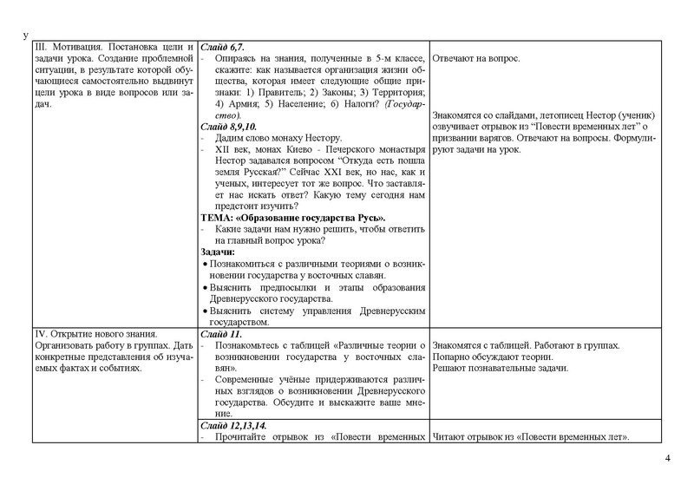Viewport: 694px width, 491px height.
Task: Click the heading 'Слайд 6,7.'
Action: click(222, 46)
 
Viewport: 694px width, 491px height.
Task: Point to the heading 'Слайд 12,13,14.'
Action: click(232, 425)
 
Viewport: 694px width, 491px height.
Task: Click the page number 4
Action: click(667, 458)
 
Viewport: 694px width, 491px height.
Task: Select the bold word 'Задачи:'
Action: click(218, 252)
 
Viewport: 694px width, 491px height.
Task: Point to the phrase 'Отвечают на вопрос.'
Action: click(475, 59)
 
